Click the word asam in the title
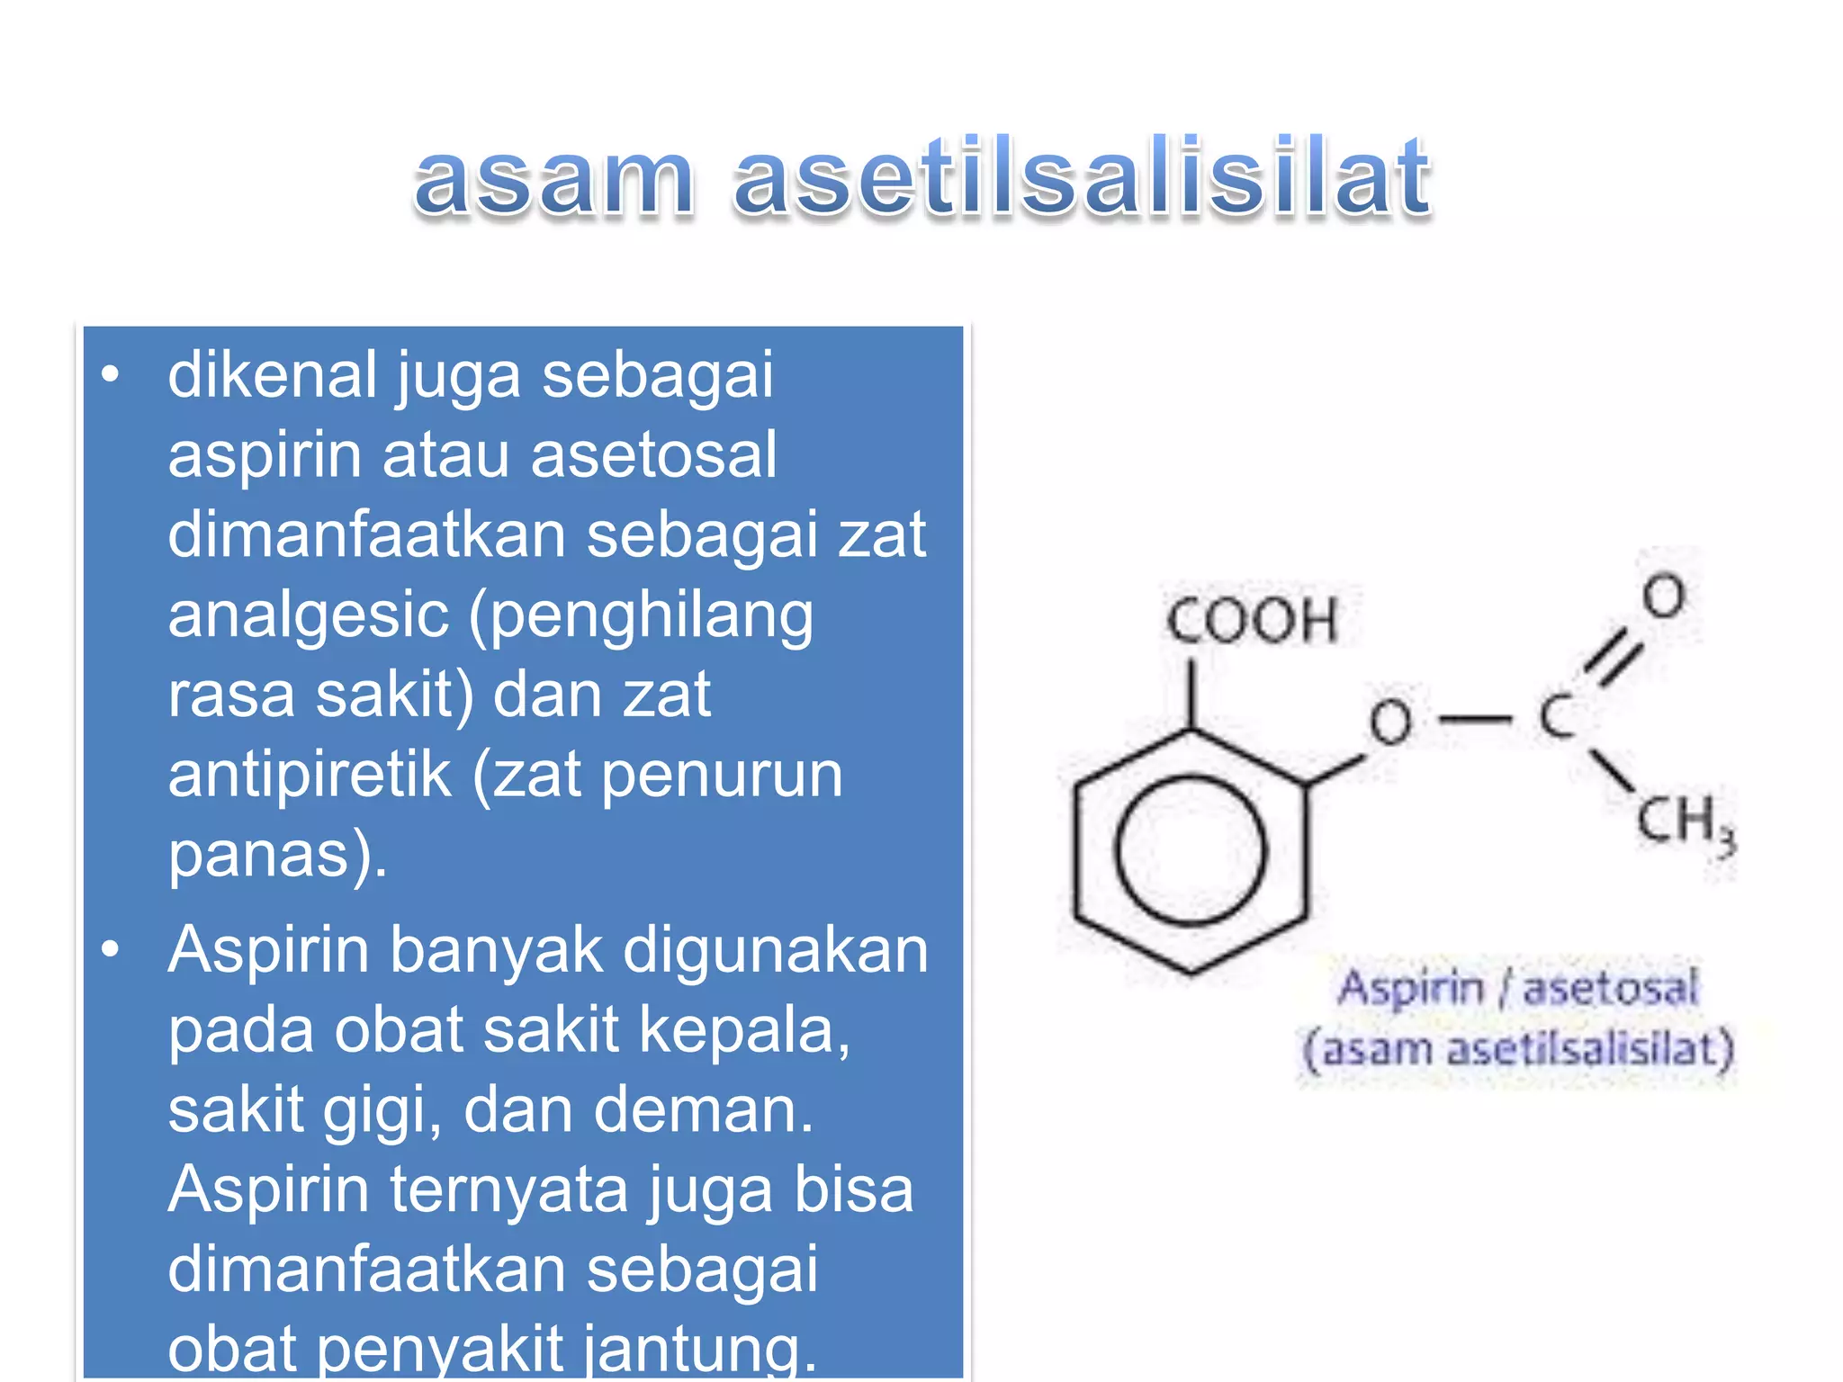point(553,179)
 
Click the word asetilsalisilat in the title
point(1083,176)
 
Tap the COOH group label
point(1253,620)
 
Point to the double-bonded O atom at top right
point(1663,596)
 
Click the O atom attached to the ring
point(1390,722)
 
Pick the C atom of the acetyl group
point(1556,717)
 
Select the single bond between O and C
point(1475,719)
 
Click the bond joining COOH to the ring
point(1191,695)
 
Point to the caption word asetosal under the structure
point(1610,988)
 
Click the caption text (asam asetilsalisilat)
point(1519,1050)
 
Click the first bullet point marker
point(111,374)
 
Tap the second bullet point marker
point(111,948)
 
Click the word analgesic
point(309,615)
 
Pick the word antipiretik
point(309,775)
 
